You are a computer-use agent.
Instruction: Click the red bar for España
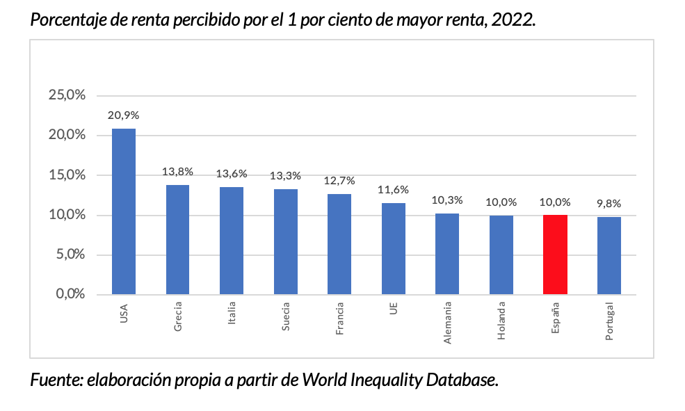point(555,255)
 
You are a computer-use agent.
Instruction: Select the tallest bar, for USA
point(124,211)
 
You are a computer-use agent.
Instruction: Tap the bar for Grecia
point(177,239)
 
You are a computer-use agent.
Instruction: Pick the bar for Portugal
point(609,255)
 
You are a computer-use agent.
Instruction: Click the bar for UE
point(394,248)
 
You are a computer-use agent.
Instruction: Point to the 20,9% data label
point(123,115)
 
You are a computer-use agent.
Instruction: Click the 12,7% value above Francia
point(339,181)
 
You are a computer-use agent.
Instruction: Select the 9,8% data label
point(609,204)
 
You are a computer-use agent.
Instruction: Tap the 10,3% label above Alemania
point(447,200)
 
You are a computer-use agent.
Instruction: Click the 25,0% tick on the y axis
point(67,95)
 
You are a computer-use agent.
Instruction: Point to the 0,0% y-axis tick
point(70,294)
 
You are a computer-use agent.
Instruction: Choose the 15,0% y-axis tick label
point(67,175)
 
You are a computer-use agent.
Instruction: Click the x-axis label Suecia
point(286,316)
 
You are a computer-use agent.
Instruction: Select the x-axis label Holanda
point(501,321)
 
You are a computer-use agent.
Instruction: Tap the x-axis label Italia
point(232,315)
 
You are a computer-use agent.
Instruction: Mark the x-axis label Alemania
point(448,323)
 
